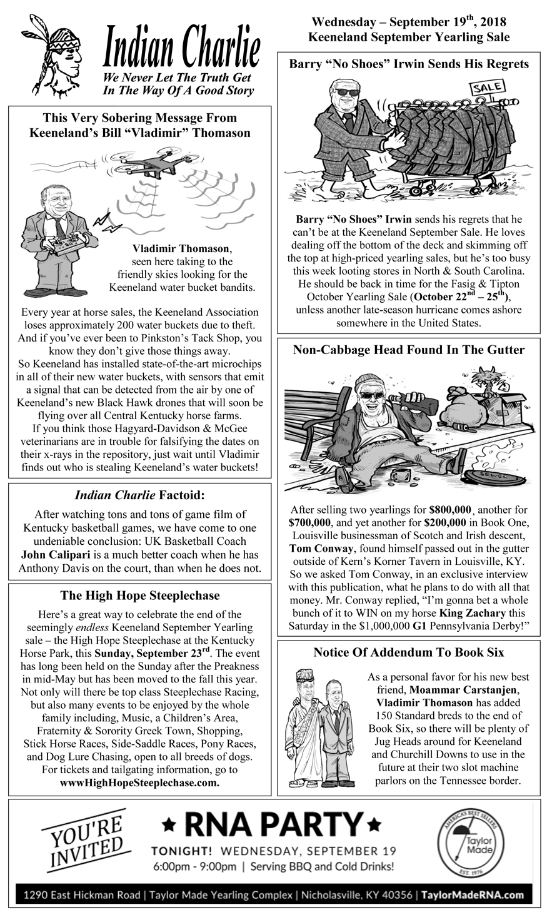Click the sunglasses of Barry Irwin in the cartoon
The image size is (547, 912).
tap(347, 93)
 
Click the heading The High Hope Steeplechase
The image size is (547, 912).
tap(140, 595)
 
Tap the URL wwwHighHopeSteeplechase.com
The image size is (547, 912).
tap(139, 783)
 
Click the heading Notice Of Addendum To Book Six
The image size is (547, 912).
tap(409, 652)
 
